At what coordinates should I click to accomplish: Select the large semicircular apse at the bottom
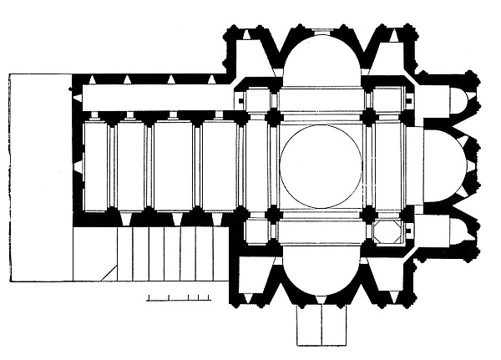pos(321,276)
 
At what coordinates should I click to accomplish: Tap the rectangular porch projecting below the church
pos(321,325)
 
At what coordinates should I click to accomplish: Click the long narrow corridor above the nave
pos(159,98)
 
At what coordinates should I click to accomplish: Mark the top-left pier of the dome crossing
pos(272,119)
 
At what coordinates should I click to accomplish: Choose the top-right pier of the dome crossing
pos(368,119)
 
